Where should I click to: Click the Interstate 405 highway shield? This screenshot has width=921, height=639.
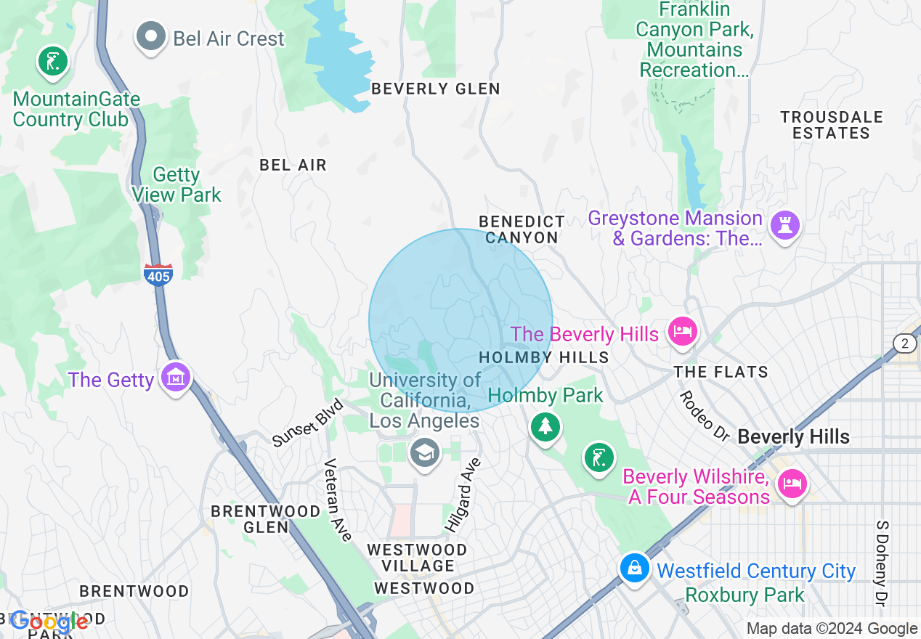point(158,275)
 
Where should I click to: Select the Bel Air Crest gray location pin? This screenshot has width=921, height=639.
point(151,36)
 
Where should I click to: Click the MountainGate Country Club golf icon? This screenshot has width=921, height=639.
point(52,62)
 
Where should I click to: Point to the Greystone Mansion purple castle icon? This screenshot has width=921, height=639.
point(784,224)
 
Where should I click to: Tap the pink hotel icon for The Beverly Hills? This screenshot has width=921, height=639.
point(682,331)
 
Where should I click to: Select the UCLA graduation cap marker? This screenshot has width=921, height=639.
point(425,453)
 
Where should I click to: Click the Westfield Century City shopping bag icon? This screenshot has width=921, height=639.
point(634,568)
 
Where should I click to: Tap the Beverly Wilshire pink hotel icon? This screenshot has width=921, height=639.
point(791,483)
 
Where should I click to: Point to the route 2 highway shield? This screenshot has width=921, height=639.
point(904,343)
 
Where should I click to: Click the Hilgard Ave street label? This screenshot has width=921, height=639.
point(462,494)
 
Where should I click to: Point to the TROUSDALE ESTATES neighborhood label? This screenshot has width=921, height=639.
point(831,125)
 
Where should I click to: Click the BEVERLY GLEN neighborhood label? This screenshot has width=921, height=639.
point(435,89)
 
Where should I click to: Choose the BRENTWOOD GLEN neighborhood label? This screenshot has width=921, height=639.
point(265,519)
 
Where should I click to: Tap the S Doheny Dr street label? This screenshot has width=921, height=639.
point(883,563)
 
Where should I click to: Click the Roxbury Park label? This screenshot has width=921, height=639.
point(744,595)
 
